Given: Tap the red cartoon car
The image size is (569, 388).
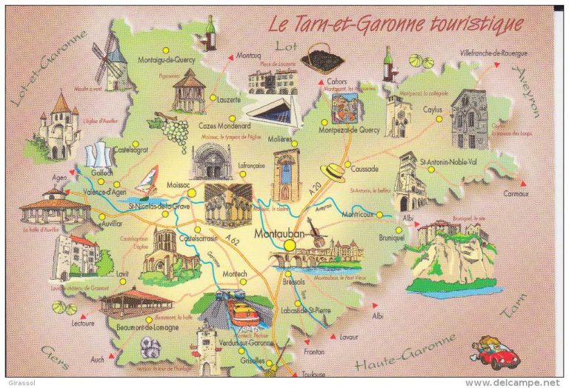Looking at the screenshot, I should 498,354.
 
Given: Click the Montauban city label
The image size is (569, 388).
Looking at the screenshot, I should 279,235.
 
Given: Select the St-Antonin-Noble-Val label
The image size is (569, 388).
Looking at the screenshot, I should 450,161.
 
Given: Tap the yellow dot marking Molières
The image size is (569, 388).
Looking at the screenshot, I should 294,144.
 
